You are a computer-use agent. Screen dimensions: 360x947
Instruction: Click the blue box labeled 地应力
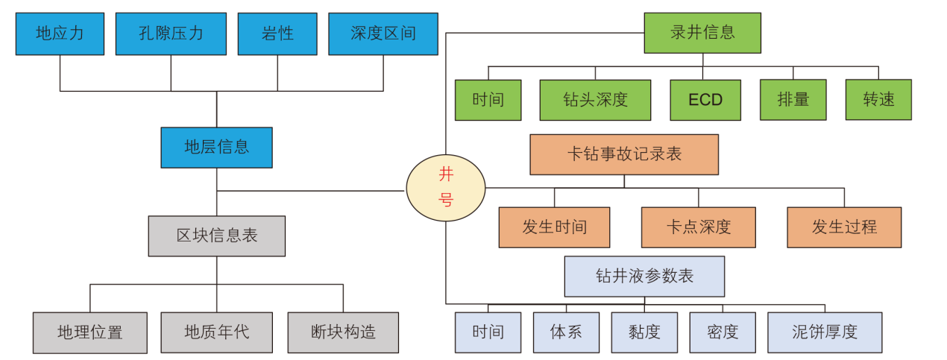[x=60, y=34]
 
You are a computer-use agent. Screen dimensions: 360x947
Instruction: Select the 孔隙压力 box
[x=171, y=34]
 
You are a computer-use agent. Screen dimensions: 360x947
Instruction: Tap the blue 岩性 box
[x=277, y=34]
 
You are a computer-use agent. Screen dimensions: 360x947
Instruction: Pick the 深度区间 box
[x=383, y=34]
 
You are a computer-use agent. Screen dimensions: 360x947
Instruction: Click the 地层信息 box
[x=216, y=147]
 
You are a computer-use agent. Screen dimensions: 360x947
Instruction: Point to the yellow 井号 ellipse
[x=445, y=188]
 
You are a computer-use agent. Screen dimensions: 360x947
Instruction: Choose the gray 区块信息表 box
[x=216, y=236]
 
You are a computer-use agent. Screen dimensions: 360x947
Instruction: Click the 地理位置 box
[x=90, y=332]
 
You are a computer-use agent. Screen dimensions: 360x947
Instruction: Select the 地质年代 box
[x=216, y=332]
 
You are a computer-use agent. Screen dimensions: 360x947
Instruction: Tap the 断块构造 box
[x=343, y=332]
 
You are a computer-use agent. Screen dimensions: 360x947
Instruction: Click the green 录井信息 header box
[x=702, y=33]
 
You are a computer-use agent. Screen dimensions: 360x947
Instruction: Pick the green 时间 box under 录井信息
[x=488, y=100]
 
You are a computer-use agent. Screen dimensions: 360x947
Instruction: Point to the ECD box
[x=705, y=100]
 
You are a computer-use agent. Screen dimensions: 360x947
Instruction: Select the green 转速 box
[x=878, y=100]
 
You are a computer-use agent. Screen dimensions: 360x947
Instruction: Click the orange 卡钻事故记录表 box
[x=624, y=154]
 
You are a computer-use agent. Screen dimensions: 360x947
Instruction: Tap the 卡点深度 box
[x=699, y=227]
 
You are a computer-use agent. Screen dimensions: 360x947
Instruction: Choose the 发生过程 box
[x=844, y=227]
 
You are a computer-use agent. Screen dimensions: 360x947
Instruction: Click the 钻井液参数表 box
[x=644, y=277]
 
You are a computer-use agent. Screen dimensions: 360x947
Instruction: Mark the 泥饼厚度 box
[x=825, y=332]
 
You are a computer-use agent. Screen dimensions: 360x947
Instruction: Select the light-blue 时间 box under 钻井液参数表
[x=488, y=332]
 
